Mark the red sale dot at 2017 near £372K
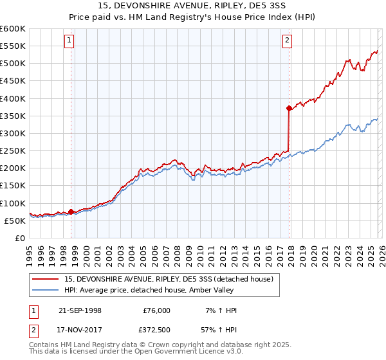pyautogui.click(x=289, y=109)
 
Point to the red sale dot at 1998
pyautogui.click(x=71, y=212)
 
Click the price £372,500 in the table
pyautogui.click(x=156, y=331)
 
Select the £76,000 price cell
pyautogui.click(x=156, y=310)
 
